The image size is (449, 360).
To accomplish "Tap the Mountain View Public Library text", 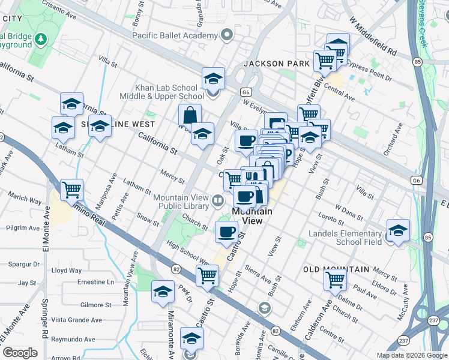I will click(x=181, y=202).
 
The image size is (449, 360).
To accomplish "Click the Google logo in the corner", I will click(x=20, y=353).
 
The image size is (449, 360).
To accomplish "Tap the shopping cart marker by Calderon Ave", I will click(x=335, y=279).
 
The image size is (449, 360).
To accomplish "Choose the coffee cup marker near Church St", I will click(x=226, y=232).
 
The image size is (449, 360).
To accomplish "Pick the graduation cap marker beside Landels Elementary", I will click(x=399, y=230).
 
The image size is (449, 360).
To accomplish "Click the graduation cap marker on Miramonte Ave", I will click(x=162, y=291).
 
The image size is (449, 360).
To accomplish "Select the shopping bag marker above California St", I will click(x=190, y=114).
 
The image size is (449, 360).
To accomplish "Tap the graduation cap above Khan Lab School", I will click(x=213, y=77).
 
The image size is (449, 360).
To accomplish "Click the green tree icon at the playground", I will click(x=41, y=40).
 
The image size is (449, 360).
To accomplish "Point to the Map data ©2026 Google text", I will click(x=411, y=355).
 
